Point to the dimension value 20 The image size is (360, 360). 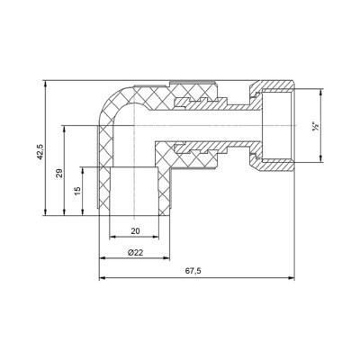click(x=135, y=229)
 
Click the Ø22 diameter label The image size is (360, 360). click(x=135, y=253)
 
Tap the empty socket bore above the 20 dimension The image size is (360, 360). click(x=135, y=189)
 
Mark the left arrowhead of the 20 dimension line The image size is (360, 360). click(x=112, y=238)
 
